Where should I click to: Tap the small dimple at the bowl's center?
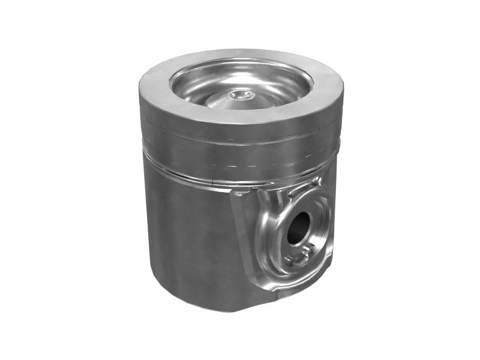[x=242, y=94]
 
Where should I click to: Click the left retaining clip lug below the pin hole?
[x=291, y=259]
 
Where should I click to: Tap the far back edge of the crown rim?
[x=240, y=53]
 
